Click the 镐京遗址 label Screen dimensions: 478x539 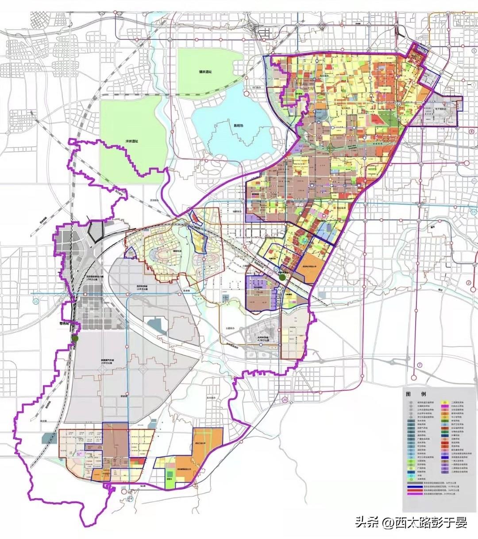tap(205, 72)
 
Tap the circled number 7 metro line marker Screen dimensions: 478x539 tap(420, 365)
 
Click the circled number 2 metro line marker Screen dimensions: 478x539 tap(468, 283)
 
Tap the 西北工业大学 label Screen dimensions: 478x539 tap(204, 442)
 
